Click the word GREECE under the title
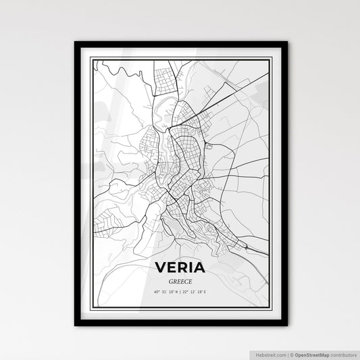pos(180,280)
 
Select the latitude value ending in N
pos(164,291)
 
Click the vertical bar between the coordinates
pos(180,291)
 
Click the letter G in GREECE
pos(170,280)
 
